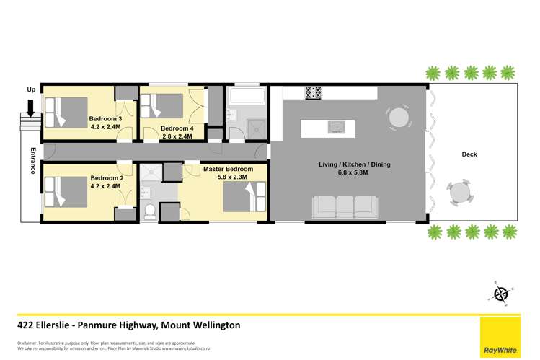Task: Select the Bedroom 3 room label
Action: point(105,118)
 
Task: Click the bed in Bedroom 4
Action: point(164,107)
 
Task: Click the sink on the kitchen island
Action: point(335,127)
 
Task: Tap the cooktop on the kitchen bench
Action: point(314,93)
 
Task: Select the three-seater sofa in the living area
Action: point(343,207)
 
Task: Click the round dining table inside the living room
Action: point(398,117)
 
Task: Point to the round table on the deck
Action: point(459,192)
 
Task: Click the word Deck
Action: point(469,154)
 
